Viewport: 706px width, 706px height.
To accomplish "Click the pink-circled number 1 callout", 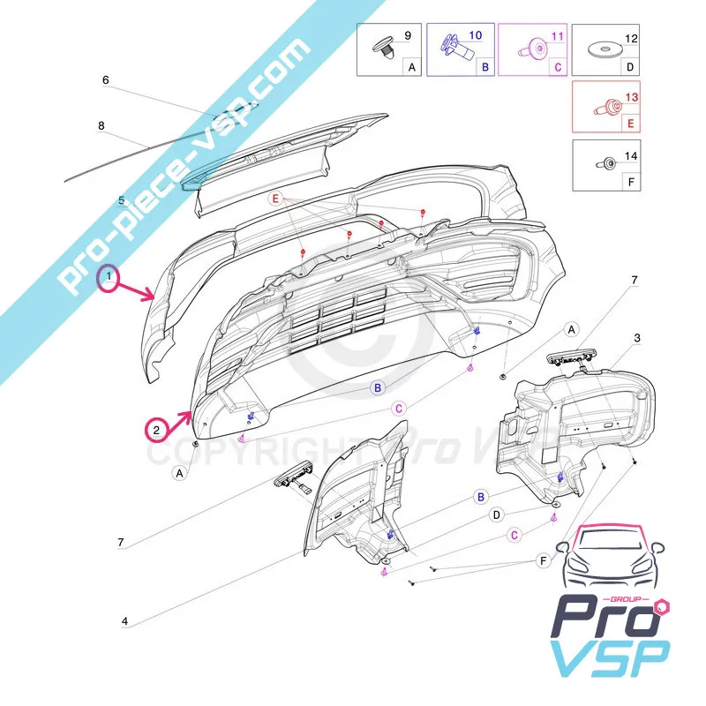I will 109,280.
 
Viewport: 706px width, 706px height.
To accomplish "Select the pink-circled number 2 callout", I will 157,431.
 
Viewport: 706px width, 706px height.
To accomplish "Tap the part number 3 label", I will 637,338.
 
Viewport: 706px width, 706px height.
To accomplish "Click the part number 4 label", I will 124,621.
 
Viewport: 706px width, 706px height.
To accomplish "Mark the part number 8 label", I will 101,126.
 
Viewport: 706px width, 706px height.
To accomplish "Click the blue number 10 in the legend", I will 476,37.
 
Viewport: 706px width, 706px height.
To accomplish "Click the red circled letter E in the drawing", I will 276,201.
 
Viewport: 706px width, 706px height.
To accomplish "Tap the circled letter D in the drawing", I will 497,514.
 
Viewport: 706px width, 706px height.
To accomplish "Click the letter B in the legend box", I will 483,66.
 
